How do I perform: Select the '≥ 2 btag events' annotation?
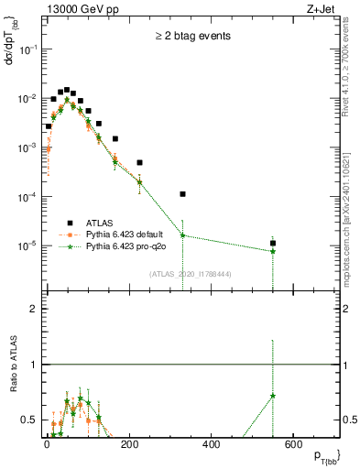coord(192,37)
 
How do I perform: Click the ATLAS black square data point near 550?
coord(273,244)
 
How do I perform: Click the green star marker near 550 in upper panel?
coord(273,251)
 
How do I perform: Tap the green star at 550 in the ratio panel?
coord(273,396)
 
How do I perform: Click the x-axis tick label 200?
coord(211,446)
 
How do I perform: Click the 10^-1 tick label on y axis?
coord(27,49)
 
